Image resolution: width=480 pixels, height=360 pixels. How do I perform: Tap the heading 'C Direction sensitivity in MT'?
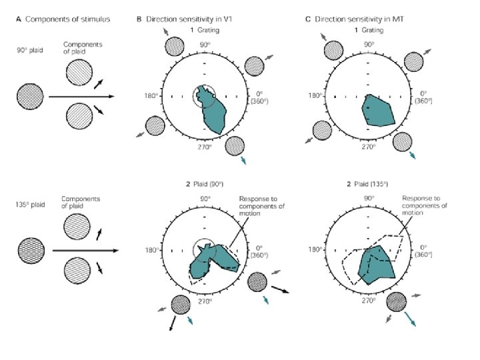pyautogui.click(x=354, y=19)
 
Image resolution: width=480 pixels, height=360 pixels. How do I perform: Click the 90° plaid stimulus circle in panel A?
pyautogui.click(x=31, y=96)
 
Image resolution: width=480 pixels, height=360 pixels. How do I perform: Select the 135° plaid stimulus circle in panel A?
pyautogui.click(x=31, y=251)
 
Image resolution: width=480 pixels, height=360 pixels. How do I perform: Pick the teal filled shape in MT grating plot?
pyautogui.click(x=379, y=111)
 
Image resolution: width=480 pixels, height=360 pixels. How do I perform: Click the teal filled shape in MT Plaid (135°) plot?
pyautogui.click(x=377, y=264)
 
